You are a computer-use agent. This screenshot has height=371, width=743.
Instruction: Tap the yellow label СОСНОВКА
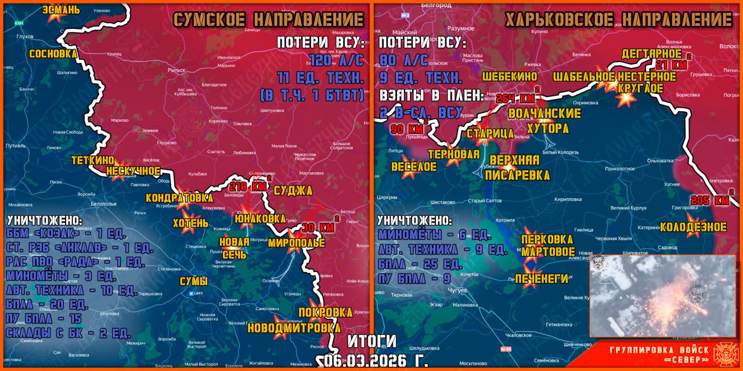pyautogui.click(x=53, y=53)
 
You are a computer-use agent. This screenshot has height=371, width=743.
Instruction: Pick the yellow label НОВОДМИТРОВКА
pyautogui.click(x=294, y=328)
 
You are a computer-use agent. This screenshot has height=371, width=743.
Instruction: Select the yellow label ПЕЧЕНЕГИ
pyautogui.click(x=542, y=279)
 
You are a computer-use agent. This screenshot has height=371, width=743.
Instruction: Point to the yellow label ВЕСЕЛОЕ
pyautogui.click(x=413, y=166)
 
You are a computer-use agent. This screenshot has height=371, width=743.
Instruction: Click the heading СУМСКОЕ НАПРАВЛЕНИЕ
pyautogui.click(x=268, y=19)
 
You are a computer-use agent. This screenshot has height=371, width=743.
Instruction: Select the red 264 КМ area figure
pyautogui.click(x=515, y=97)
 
